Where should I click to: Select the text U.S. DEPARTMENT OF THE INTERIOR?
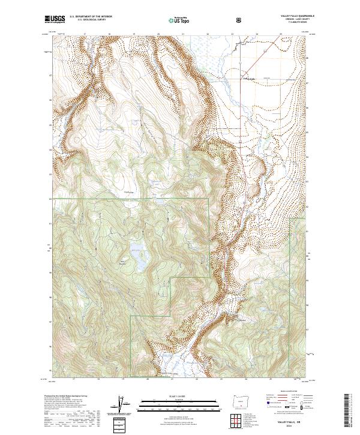coord(91,16)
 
